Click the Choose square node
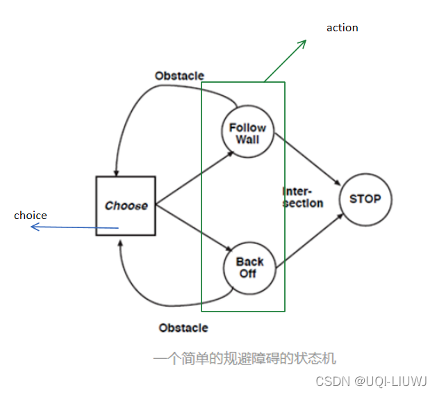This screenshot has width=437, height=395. click(x=126, y=206)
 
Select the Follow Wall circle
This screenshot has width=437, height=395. click(x=247, y=132)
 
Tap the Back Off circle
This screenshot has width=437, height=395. click(x=249, y=267)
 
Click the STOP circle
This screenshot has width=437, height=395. click(x=365, y=199)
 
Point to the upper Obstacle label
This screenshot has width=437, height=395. click(x=179, y=76)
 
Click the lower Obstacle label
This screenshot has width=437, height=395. click(x=183, y=328)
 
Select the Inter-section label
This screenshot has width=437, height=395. click(x=302, y=197)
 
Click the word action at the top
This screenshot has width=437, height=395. click(x=343, y=28)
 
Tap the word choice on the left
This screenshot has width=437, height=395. click(x=31, y=216)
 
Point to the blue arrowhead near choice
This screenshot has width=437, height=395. click(x=35, y=226)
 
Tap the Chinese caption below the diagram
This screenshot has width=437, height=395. click(x=245, y=359)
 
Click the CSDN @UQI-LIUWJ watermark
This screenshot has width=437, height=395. click(x=371, y=381)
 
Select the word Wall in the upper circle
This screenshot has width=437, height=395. click(x=247, y=139)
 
